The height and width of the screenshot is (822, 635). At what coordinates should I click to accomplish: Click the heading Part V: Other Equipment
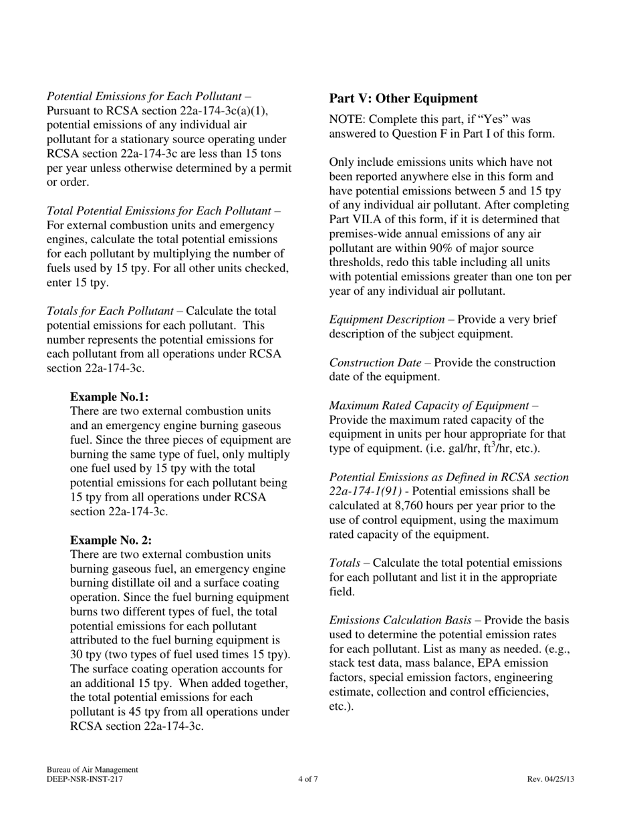coord(403,99)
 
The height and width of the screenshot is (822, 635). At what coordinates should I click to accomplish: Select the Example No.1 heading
coord(109,397)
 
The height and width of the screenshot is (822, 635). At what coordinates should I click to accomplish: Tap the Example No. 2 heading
coord(110,541)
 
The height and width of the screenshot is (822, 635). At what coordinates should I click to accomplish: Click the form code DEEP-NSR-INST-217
coord(84,779)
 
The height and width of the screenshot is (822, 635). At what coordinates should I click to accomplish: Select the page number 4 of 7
coord(308,779)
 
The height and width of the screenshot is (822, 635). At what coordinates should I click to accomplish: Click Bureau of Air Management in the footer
coord(92,770)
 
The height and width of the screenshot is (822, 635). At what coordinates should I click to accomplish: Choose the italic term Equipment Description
coord(386,319)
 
